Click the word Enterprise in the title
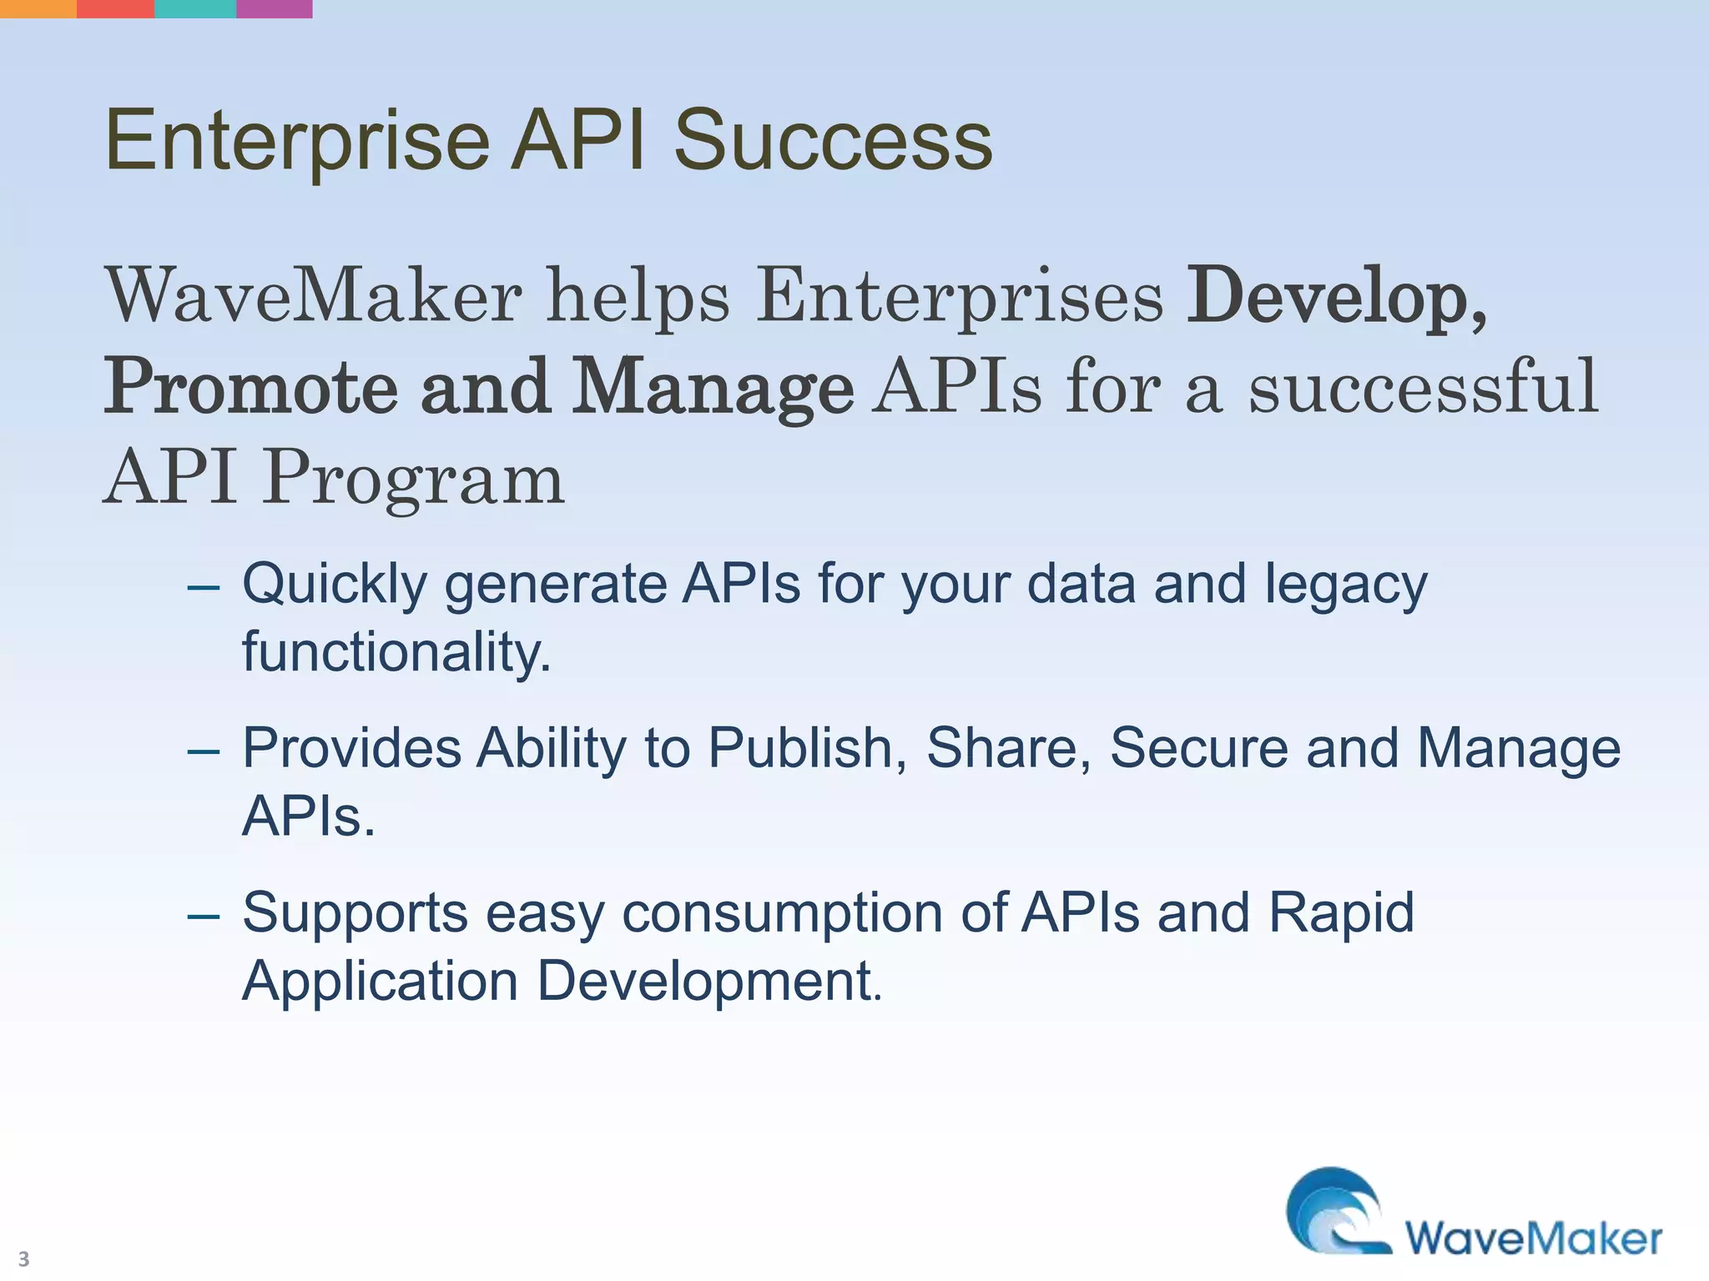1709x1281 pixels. pyautogui.click(x=296, y=142)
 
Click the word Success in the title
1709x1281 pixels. pyautogui.click(x=832, y=142)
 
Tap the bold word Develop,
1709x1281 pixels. pyautogui.click(x=1336, y=297)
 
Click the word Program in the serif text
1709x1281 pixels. pyautogui.click(x=414, y=479)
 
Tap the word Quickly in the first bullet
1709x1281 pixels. pyautogui.click(x=334, y=585)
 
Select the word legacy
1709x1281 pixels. pyautogui.click(x=1345, y=585)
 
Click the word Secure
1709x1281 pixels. pyautogui.click(x=1198, y=748)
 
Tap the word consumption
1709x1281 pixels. pyautogui.click(x=783, y=913)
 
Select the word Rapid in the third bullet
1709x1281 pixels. pyautogui.click(x=1341, y=913)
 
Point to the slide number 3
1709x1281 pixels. pyautogui.click(x=23, y=1258)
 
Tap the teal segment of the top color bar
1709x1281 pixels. pyautogui.click(x=195, y=8)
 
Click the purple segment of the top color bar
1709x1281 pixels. pyautogui.click(x=275, y=8)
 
